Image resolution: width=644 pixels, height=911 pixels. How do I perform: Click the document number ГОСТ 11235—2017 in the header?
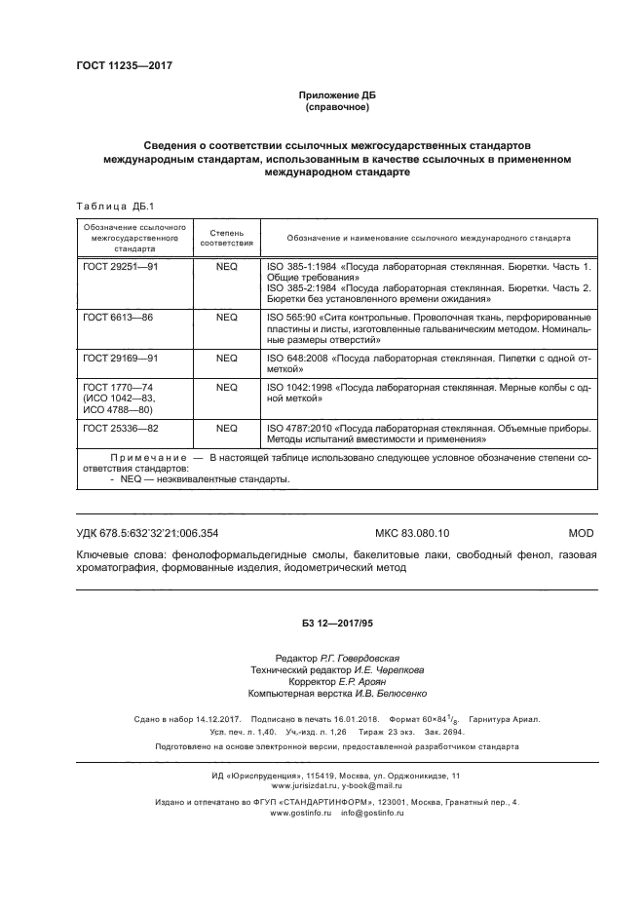pyautogui.click(x=116, y=66)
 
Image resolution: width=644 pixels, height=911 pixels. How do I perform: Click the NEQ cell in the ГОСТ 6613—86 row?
pyautogui.click(x=226, y=317)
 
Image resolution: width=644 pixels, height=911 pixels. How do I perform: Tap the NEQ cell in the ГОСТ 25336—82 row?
pyautogui.click(x=226, y=428)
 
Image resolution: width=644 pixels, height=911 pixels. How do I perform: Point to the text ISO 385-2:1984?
pyautogui.click(x=299, y=289)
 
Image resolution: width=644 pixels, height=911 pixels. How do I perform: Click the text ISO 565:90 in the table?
pyautogui.click(x=289, y=317)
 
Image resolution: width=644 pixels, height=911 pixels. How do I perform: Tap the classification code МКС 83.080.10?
pyautogui.click(x=419, y=533)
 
